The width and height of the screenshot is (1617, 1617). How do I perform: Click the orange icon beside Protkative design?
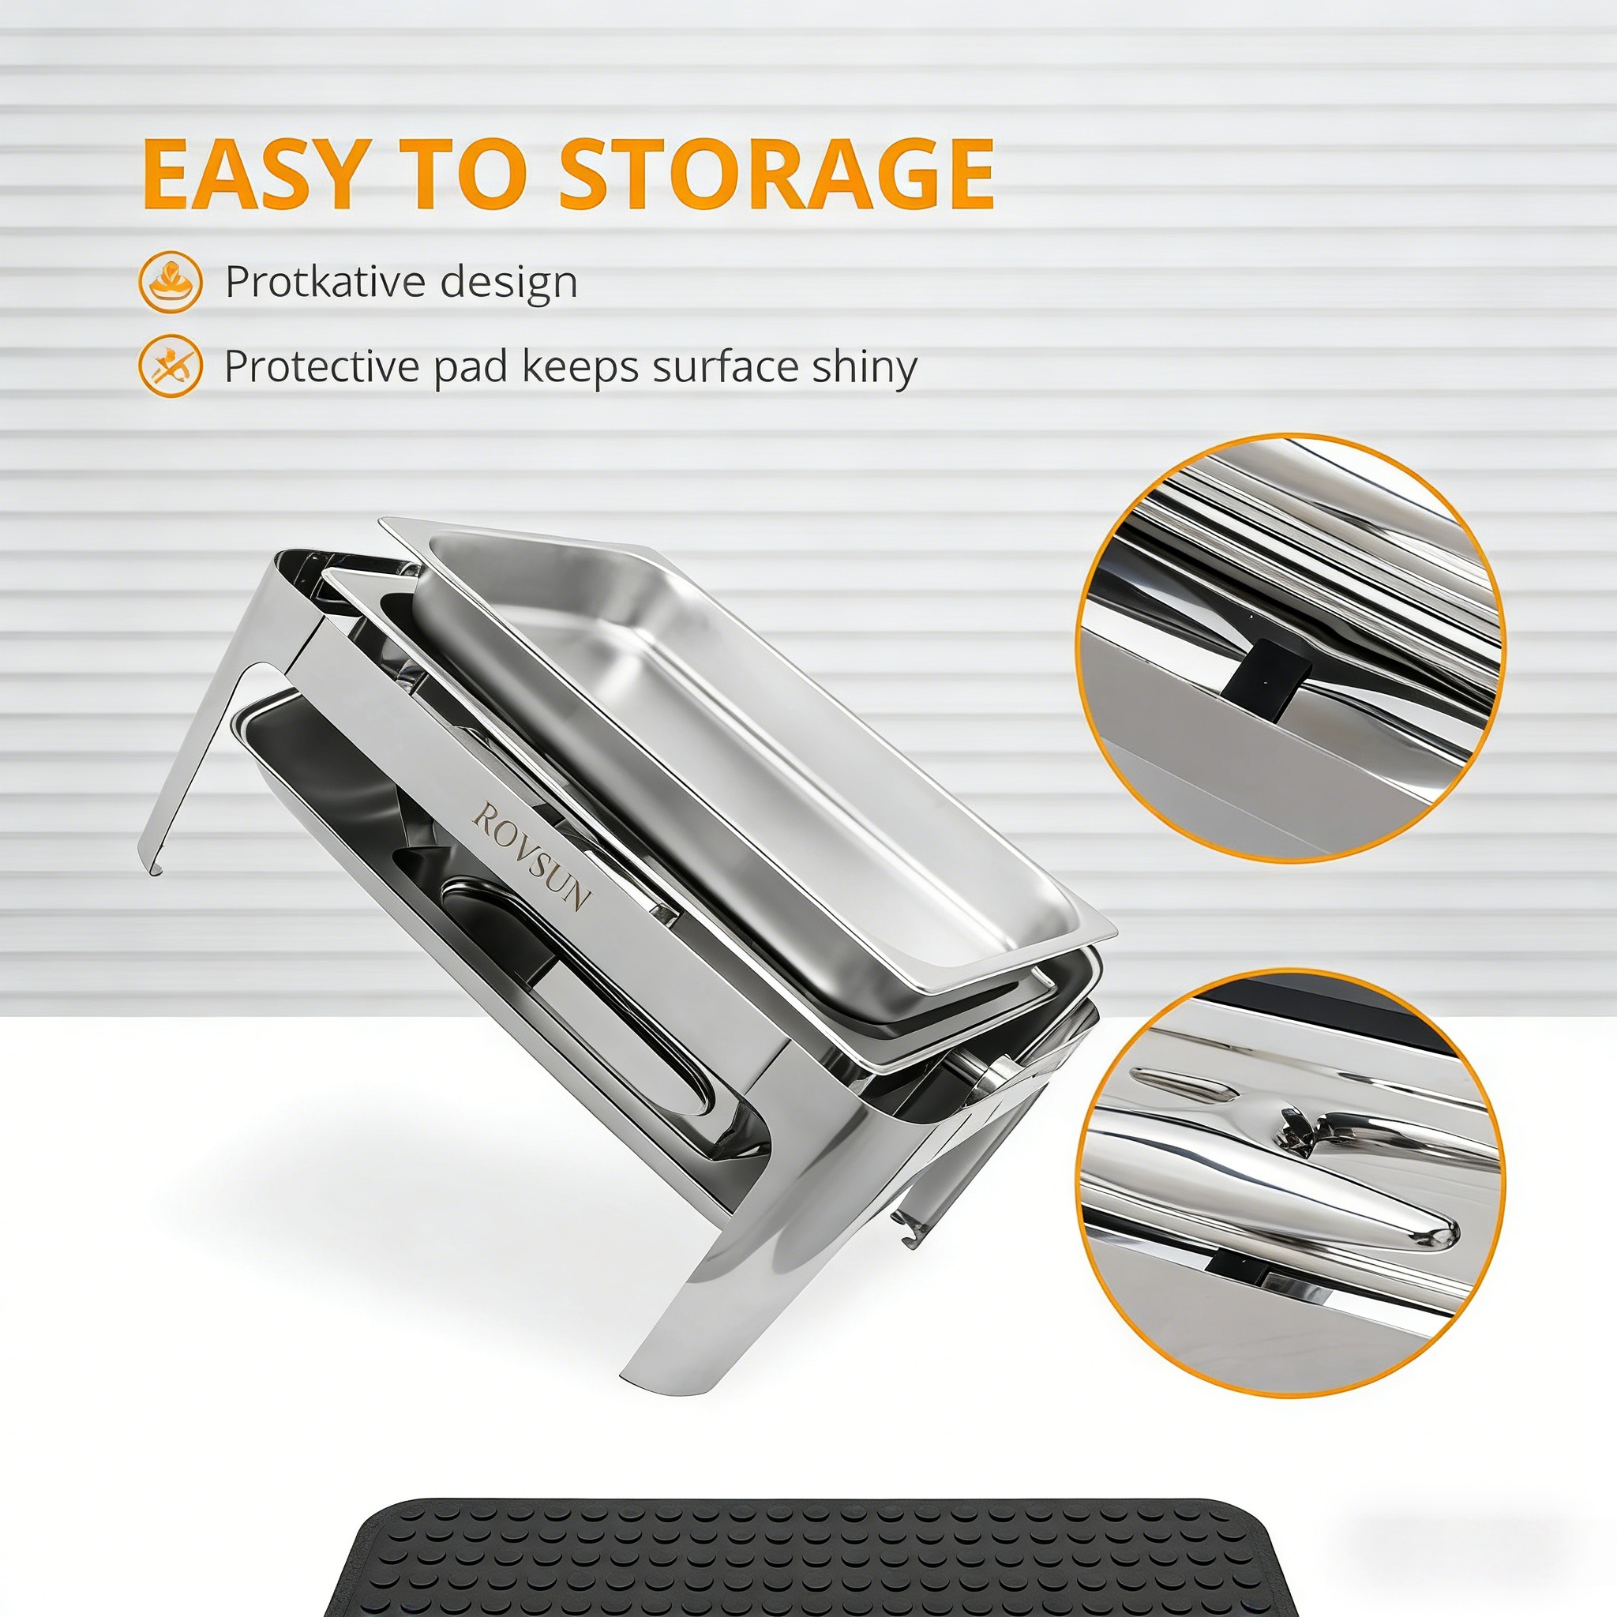(x=171, y=283)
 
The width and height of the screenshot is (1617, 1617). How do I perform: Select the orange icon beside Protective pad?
(x=171, y=366)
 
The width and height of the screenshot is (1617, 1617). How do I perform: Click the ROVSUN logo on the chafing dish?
(x=532, y=857)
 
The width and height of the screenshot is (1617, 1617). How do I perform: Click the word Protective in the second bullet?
(x=322, y=366)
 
